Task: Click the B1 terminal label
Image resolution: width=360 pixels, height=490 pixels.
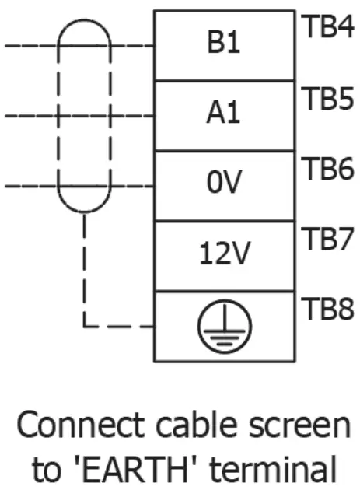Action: pos(224,44)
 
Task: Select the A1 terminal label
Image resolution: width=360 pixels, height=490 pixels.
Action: pos(224,115)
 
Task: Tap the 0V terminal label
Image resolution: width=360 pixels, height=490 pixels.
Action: pos(224,185)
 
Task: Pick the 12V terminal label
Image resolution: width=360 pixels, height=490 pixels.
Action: pos(224,254)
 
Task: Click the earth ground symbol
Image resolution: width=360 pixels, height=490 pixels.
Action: pos(224,326)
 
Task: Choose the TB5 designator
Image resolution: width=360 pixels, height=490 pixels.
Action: pos(326,99)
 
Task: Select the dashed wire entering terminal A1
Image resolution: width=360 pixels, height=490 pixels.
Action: pos(132,117)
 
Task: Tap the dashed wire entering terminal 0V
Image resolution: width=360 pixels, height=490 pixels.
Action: pos(132,187)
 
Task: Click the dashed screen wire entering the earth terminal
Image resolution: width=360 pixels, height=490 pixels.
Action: pos(117,326)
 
